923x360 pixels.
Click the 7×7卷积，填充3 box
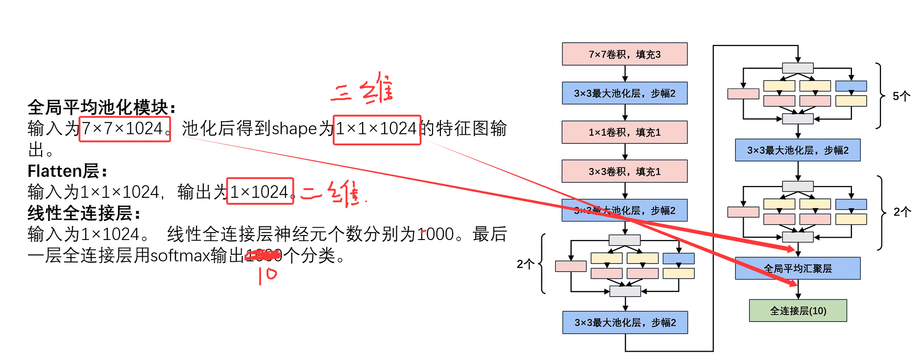pyautogui.click(x=625, y=54)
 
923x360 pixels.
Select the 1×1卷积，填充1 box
pyautogui.click(x=625, y=132)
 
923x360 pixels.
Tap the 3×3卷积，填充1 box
pyautogui.click(x=625, y=171)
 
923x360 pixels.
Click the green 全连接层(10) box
pyautogui.click(x=798, y=311)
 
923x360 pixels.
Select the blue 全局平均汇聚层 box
pyautogui.click(x=798, y=268)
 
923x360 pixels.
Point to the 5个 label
pyautogui.click(x=901, y=96)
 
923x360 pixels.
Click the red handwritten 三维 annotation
pyautogui.click(x=363, y=89)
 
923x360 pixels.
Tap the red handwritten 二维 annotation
pyautogui.click(x=333, y=193)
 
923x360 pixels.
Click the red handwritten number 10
pyautogui.click(x=267, y=275)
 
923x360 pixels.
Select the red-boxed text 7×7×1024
pyautogui.click(x=124, y=129)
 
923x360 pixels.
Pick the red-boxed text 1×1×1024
pyautogui.click(x=377, y=129)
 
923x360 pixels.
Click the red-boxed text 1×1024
pyautogui.click(x=260, y=192)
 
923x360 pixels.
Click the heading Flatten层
pyautogui.click(x=67, y=171)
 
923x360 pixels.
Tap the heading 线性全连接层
pyautogui.click(x=84, y=213)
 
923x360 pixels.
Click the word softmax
pyautogui.click(x=180, y=256)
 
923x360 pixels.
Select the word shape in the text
pyautogui.click(x=294, y=129)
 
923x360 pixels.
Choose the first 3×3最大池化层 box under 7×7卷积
pyautogui.click(x=625, y=93)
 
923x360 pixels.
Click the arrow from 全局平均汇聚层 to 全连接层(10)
pyautogui.click(x=798, y=289)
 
